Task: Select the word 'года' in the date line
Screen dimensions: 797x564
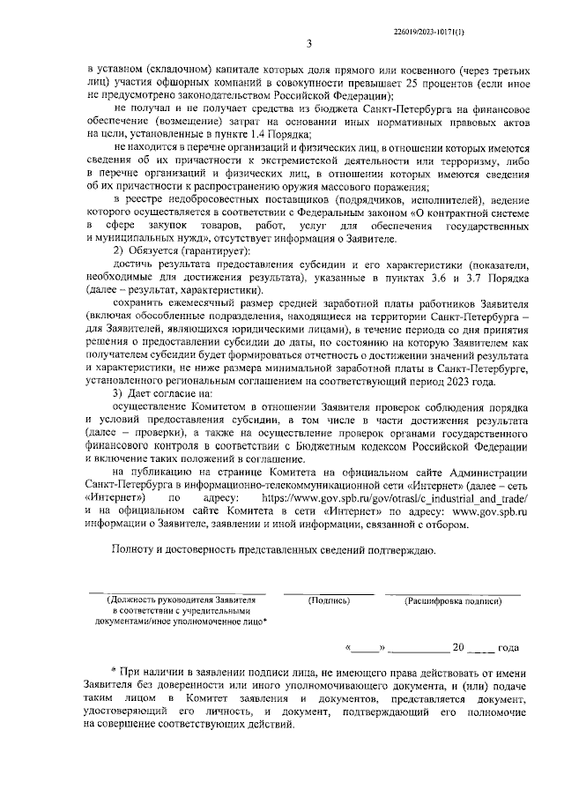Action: [x=508, y=648]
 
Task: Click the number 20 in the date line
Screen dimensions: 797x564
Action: [x=457, y=648]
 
